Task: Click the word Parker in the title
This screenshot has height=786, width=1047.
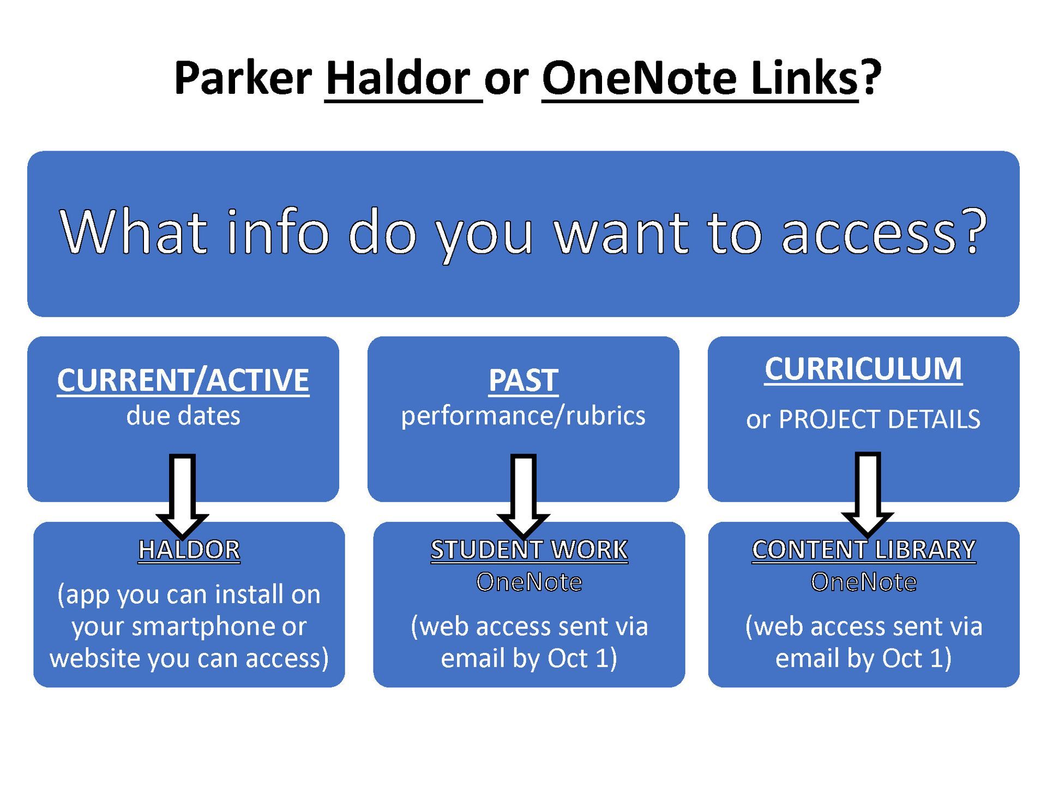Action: pos(243,78)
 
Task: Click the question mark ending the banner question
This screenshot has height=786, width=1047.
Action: pos(974,230)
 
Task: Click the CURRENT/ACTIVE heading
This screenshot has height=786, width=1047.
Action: pos(183,380)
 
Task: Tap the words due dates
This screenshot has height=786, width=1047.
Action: pos(183,416)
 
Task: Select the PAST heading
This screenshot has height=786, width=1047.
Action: pos(523,380)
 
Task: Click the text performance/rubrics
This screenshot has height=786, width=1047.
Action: pos(523,416)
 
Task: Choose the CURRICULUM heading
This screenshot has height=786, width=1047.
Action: pos(863,369)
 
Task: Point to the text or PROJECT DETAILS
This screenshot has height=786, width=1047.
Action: pos(863,419)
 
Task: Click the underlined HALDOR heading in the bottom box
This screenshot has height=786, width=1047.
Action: pos(189,550)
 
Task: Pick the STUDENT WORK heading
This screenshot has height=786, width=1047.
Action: pos(529,550)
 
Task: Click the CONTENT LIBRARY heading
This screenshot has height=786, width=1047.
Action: pos(864,550)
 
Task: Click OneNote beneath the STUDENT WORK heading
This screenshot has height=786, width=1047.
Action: pos(529,582)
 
